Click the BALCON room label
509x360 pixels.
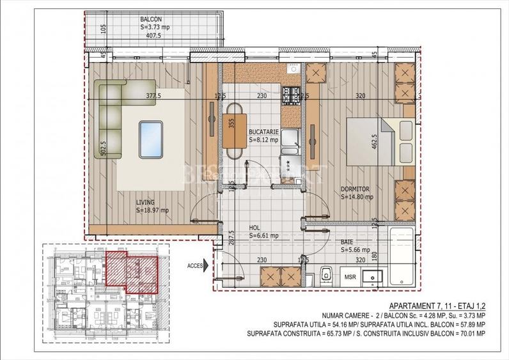pyautogui.click(x=152, y=19)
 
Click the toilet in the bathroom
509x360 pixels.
pyautogui.click(x=325, y=274)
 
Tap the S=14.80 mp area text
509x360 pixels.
pyautogui.click(x=357, y=197)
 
